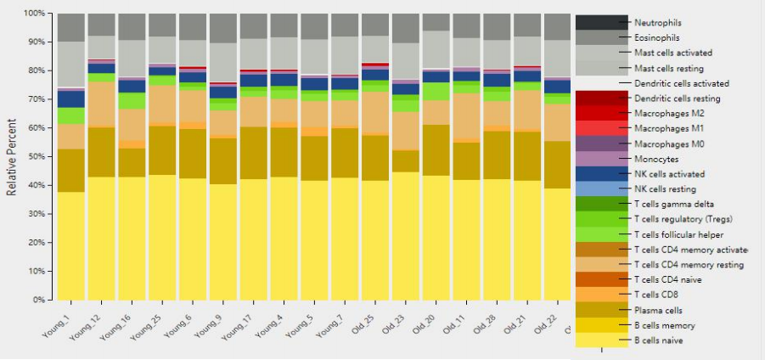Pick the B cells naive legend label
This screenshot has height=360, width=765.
(658, 340)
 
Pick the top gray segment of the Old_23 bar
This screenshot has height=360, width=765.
(406, 28)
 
